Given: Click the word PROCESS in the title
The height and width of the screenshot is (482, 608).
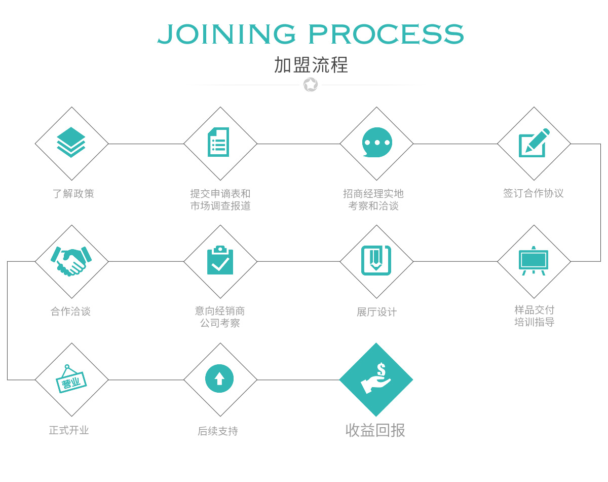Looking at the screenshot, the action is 386,34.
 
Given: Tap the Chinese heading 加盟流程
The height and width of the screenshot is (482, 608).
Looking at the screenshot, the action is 311,65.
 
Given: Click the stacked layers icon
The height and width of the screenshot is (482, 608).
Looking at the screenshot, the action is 71,142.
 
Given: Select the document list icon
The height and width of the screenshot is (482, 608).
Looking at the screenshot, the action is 218,142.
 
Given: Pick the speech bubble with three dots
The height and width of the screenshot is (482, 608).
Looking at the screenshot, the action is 377,142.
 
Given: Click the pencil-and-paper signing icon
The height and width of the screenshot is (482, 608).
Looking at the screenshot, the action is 534,143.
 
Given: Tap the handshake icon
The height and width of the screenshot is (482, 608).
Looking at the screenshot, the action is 71,261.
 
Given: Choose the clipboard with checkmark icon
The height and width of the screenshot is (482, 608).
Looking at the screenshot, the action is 220,260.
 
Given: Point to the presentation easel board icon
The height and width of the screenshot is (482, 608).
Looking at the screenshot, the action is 534,261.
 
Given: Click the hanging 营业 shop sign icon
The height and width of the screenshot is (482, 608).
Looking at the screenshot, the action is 71,379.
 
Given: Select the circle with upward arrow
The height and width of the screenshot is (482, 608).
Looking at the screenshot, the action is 219,378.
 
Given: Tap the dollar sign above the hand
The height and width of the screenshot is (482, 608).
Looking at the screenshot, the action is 381,369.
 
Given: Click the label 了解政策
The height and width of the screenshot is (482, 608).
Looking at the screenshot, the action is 73,194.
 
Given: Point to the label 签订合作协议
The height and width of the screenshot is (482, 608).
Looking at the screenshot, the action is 534,193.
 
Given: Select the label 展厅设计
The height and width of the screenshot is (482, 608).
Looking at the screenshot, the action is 376,312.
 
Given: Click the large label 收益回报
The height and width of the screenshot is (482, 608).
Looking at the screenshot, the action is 375,430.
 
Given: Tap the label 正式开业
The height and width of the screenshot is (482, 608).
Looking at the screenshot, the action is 69,430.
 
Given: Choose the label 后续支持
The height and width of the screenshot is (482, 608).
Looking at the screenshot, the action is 218,431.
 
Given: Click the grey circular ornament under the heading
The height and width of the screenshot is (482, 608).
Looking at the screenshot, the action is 311,85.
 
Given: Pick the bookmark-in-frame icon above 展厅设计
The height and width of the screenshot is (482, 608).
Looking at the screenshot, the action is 376,260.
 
